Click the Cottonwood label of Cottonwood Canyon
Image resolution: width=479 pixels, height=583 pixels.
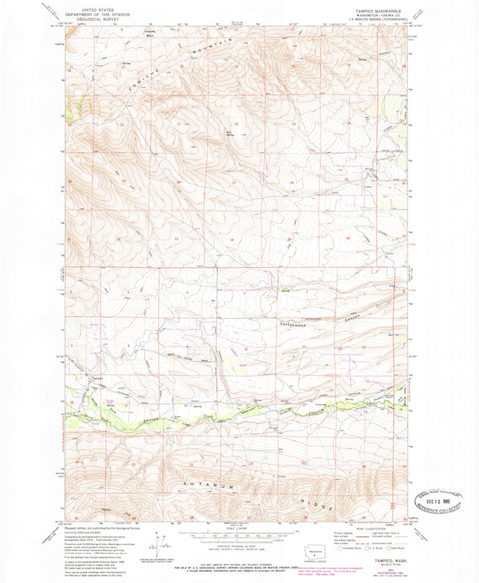pos(292,325)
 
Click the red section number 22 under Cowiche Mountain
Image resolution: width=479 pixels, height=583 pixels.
pos(237,124)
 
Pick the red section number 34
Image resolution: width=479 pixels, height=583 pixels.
pos(231,239)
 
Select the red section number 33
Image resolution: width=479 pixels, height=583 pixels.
pos(176,239)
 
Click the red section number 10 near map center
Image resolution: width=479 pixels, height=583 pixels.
pos(245,348)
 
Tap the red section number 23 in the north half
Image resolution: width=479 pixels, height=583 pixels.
pos(294,124)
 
